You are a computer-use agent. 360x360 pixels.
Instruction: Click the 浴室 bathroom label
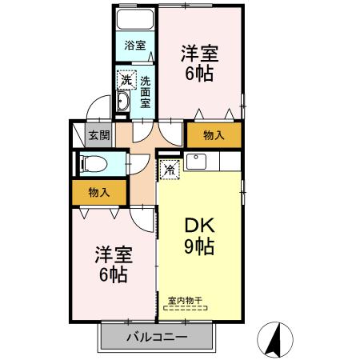pos(134,46)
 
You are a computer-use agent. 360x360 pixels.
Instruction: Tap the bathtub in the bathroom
pos(134,20)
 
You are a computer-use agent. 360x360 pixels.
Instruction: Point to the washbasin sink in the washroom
pos(124,102)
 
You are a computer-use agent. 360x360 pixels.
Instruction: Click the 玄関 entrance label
pos(98,134)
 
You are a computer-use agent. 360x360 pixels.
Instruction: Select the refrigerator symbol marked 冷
pos(169,169)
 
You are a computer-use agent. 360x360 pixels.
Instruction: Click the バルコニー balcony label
pos(157,337)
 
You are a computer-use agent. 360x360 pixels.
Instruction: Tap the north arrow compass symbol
pos(274,338)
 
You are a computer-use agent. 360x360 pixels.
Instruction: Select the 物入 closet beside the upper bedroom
pos(214,135)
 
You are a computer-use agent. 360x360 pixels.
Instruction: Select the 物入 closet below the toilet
pos(98,192)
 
